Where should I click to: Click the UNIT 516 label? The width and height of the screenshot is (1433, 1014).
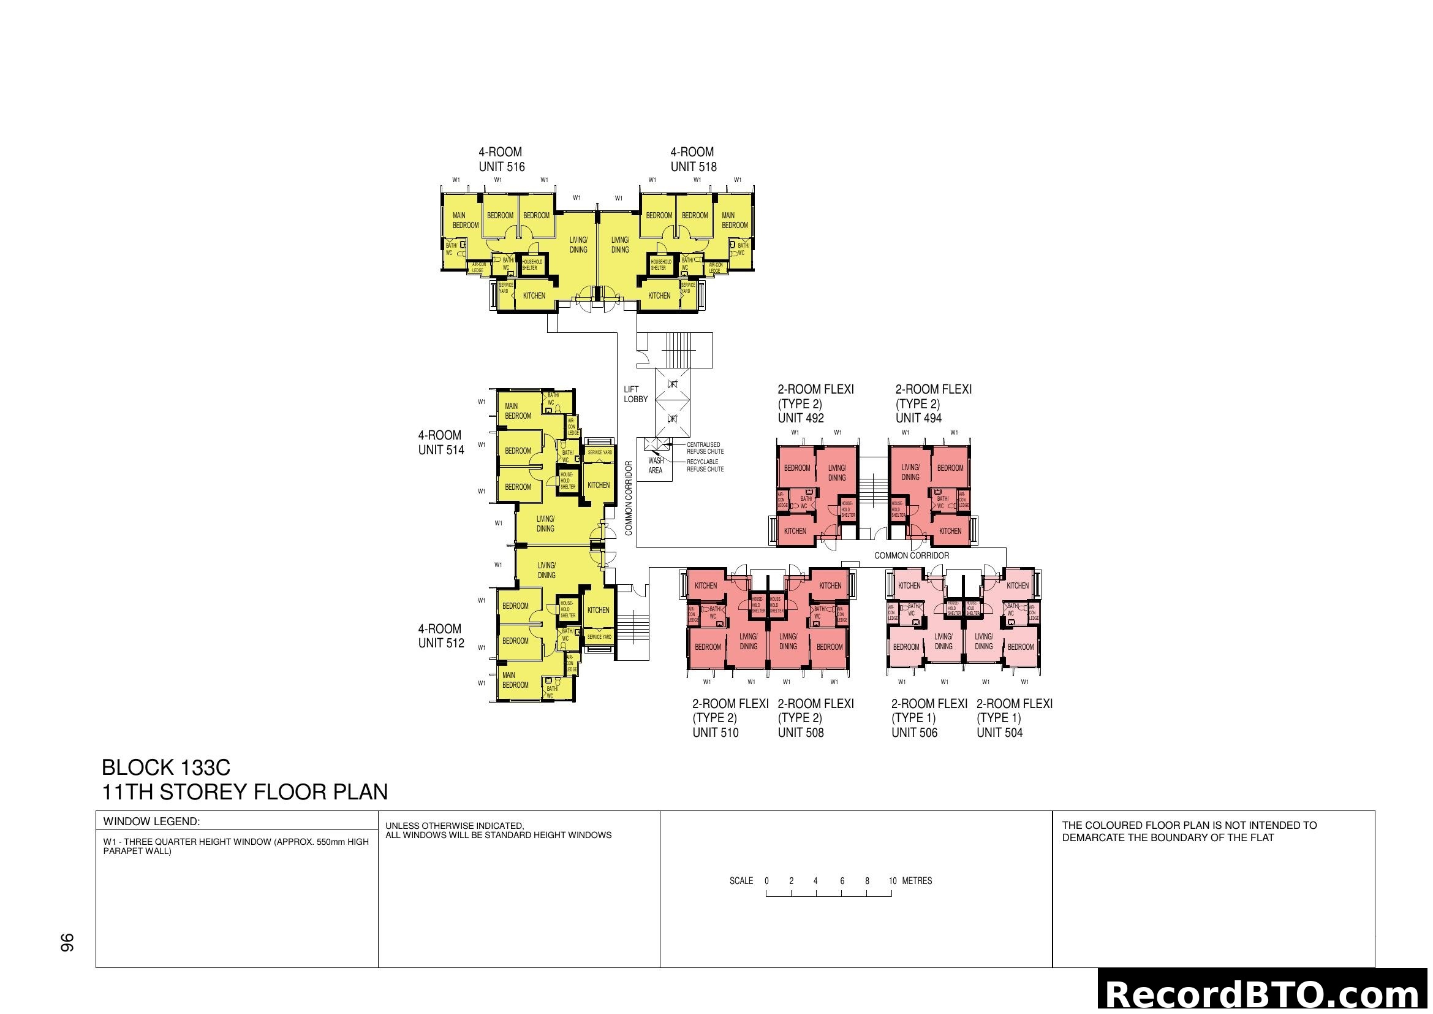(502, 167)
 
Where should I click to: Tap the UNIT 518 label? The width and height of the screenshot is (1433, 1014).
(694, 167)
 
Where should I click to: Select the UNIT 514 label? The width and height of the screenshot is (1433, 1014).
(441, 450)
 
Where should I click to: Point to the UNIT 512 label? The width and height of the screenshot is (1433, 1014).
(441, 643)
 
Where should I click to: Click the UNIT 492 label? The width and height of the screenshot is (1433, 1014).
(801, 418)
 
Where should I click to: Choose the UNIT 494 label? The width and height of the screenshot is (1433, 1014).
(919, 418)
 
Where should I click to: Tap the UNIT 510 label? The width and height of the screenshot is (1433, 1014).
(715, 733)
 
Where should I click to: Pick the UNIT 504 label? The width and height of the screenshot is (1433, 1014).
(1000, 733)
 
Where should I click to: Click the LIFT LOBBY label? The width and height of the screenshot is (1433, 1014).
(635, 394)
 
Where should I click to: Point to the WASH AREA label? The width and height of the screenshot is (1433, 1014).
(656, 466)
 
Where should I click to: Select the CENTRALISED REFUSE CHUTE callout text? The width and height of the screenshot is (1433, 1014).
(705, 448)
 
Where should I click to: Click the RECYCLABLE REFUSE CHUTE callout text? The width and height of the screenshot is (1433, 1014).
(705, 466)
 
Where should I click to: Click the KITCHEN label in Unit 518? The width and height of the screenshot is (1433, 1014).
(659, 296)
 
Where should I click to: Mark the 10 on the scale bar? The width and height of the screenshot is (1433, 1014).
(893, 881)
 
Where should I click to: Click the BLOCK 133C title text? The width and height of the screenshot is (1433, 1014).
(166, 768)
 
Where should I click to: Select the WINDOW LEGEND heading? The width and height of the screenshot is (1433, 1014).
(152, 821)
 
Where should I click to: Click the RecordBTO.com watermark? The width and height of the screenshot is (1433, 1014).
(1265, 994)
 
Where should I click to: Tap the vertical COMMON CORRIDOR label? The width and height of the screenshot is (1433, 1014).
(629, 498)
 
